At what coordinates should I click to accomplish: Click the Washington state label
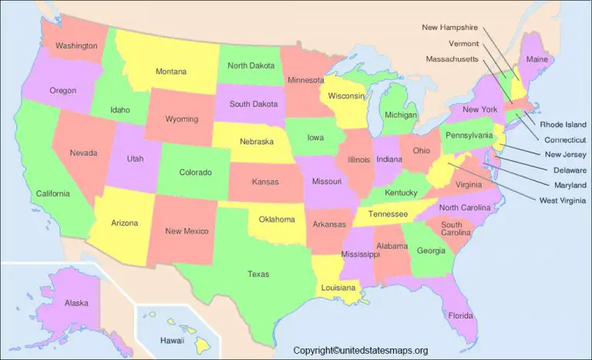(76, 45)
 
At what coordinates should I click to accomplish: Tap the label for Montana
(171, 72)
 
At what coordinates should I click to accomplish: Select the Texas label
(258, 274)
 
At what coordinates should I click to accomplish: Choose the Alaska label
(76, 303)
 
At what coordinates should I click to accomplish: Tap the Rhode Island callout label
(563, 124)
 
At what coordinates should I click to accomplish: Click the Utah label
(135, 158)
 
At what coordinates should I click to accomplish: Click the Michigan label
(400, 115)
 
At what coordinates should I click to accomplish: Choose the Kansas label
(265, 183)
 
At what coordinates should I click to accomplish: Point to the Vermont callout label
(464, 43)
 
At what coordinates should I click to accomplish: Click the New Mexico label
(186, 230)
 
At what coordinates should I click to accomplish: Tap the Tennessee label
(387, 214)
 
